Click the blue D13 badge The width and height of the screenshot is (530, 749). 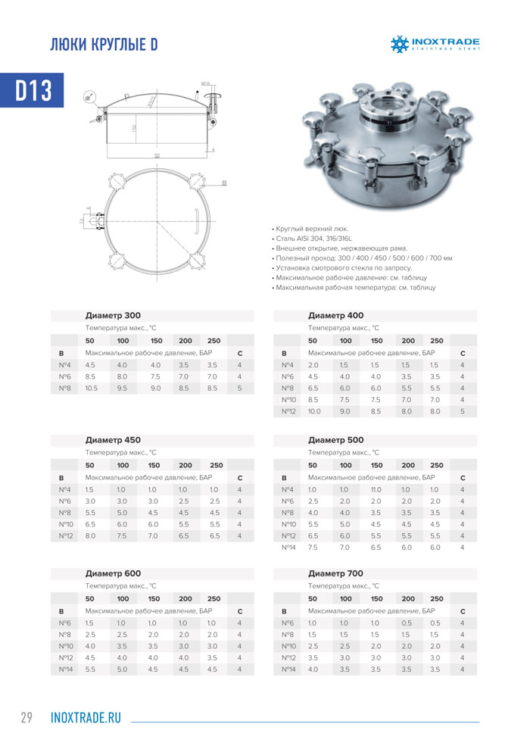tap(34, 90)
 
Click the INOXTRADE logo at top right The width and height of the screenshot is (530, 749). tap(435, 44)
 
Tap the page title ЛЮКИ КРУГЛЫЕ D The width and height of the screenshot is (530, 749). tap(103, 45)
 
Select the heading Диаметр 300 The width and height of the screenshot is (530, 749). tap(113, 315)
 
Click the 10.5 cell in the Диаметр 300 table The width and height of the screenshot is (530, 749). tap(91, 389)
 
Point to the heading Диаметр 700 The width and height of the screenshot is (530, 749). tap(335, 573)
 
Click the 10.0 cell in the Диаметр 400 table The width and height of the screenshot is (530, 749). tap(314, 411)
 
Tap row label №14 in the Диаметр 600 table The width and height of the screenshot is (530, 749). tap(64, 669)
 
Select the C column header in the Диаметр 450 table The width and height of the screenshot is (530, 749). tap(239, 478)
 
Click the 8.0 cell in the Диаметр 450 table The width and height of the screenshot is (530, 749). tap(90, 536)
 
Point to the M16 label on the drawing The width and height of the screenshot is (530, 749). tap(205, 83)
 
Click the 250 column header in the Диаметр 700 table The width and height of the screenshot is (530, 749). tap(436, 598)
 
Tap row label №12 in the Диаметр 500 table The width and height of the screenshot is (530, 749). tap(288, 535)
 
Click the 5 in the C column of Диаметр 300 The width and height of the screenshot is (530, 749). tap(239, 389)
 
